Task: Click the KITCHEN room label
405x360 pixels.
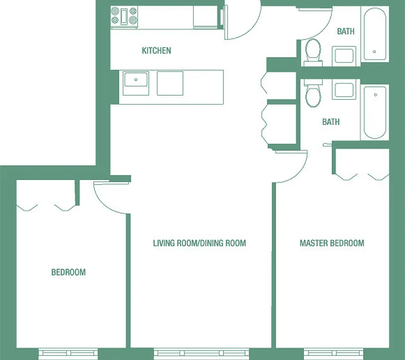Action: (x=156, y=50)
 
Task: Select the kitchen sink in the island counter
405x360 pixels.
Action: (x=136, y=83)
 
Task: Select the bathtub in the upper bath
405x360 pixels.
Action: (x=374, y=34)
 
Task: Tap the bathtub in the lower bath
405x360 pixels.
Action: (x=374, y=112)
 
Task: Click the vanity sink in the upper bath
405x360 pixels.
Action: (x=344, y=55)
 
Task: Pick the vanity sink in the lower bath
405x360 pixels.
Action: (x=344, y=90)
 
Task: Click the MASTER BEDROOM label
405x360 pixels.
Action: (x=332, y=243)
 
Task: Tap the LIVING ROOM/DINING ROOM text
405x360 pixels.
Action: (x=200, y=243)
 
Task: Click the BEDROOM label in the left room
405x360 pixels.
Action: (x=68, y=272)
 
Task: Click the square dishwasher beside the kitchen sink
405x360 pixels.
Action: (x=170, y=83)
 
